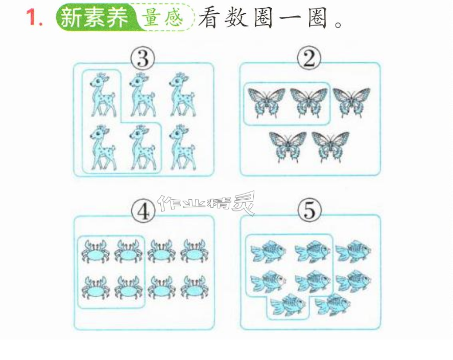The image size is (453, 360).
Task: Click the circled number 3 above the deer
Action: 142,58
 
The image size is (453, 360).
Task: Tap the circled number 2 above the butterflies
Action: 309,58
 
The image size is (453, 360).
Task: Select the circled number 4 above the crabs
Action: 144,211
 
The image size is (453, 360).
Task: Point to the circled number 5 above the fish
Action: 309,210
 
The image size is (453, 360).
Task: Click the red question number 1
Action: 34,17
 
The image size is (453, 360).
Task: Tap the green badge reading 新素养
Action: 96,17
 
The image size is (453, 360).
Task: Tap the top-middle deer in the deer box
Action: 142,94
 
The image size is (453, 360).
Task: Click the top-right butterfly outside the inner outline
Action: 351,102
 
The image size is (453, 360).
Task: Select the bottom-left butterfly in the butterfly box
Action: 288,147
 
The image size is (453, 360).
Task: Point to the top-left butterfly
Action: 267,103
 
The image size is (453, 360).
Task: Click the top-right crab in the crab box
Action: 193,251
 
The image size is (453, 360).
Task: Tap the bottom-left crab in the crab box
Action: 96,287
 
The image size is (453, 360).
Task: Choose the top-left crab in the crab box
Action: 96,251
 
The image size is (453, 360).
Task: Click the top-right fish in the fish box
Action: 353,251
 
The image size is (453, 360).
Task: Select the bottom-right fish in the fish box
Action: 333,304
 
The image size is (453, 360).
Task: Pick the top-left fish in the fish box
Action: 268,251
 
